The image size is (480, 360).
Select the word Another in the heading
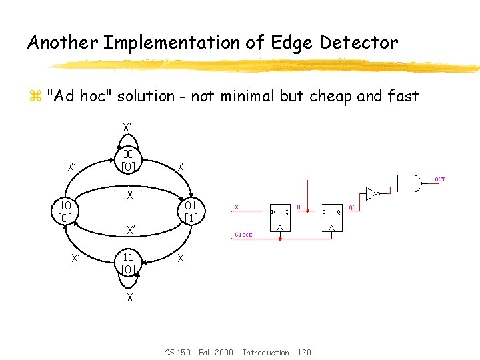click(x=63, y=43)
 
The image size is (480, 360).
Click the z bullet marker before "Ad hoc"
click(x=35, y=97)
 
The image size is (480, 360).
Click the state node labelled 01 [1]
click(x=191, y=212)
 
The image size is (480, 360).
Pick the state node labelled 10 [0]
click(x=65, y=212)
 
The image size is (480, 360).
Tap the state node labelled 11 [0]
click(x=129, y=263)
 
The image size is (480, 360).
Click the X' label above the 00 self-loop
click(x=127, y=127)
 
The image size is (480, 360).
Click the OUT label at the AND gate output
click(x=440, y=179)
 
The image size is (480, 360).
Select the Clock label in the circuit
click(x=243, y=235)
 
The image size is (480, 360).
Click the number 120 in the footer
click(x=302, y=352)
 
